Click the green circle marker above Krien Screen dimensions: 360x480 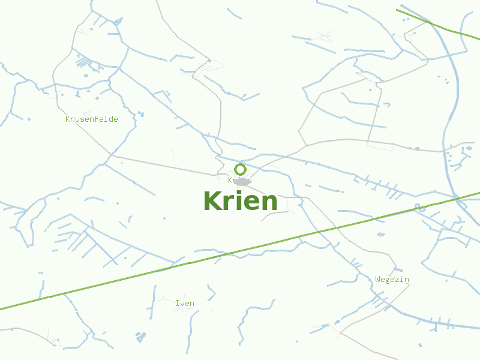click(240, 169)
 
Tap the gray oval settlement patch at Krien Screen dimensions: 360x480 click(242, 182)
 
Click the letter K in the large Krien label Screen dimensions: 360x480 click(213, 201)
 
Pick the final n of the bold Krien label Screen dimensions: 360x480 click(269, 203)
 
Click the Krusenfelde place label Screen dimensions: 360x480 click(92, 119)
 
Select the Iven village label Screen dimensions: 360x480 click(185, 303)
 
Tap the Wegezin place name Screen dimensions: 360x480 click(392, 279)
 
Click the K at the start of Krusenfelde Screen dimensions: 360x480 click(68, 119)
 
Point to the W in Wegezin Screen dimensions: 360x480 click(378, 279)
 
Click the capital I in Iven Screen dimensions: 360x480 click(176, 303)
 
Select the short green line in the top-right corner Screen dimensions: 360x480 click(438, 25)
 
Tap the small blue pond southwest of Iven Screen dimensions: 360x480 click(140, 337)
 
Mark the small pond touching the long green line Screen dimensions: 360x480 click(419, 208)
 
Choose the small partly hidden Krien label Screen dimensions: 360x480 click(232, 180)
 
